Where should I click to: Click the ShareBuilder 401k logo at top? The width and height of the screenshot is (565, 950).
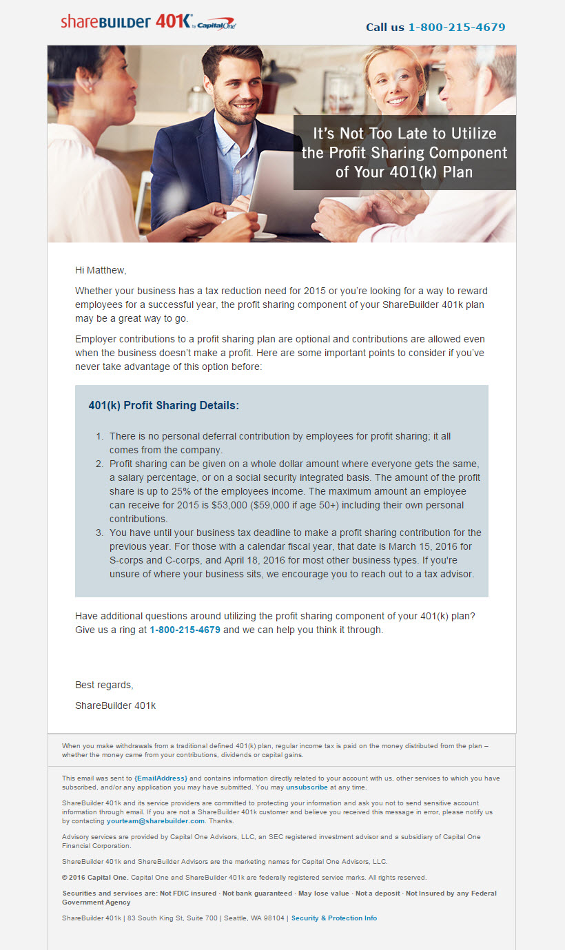click(x=148, y=22)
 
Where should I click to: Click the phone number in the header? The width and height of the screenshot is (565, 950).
click(x=456, y=28)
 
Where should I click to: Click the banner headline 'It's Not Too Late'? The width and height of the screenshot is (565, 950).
click(x=404, y=152)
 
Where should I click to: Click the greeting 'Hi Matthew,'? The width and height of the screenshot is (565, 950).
click(x=101, y=270)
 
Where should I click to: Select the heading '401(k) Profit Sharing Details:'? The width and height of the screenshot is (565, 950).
click(x=163, y=405)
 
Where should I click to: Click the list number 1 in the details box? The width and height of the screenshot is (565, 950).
click(x=99, y=437)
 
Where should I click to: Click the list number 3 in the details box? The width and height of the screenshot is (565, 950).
click(x=99, y=533)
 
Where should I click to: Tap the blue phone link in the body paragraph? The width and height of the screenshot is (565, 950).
click(x=185, y=630)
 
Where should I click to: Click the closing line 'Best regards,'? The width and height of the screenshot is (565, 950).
click(x=104, y=685)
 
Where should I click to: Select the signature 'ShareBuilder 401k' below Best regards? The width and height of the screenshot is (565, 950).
click(x=115, y=705)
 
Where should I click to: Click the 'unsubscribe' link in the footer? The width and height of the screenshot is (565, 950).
click(x=307, y=787)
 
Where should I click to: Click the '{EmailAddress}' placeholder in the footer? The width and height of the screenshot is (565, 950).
click(x=161, y=778)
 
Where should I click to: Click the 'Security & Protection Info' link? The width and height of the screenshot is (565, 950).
click(x=334, y=918)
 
